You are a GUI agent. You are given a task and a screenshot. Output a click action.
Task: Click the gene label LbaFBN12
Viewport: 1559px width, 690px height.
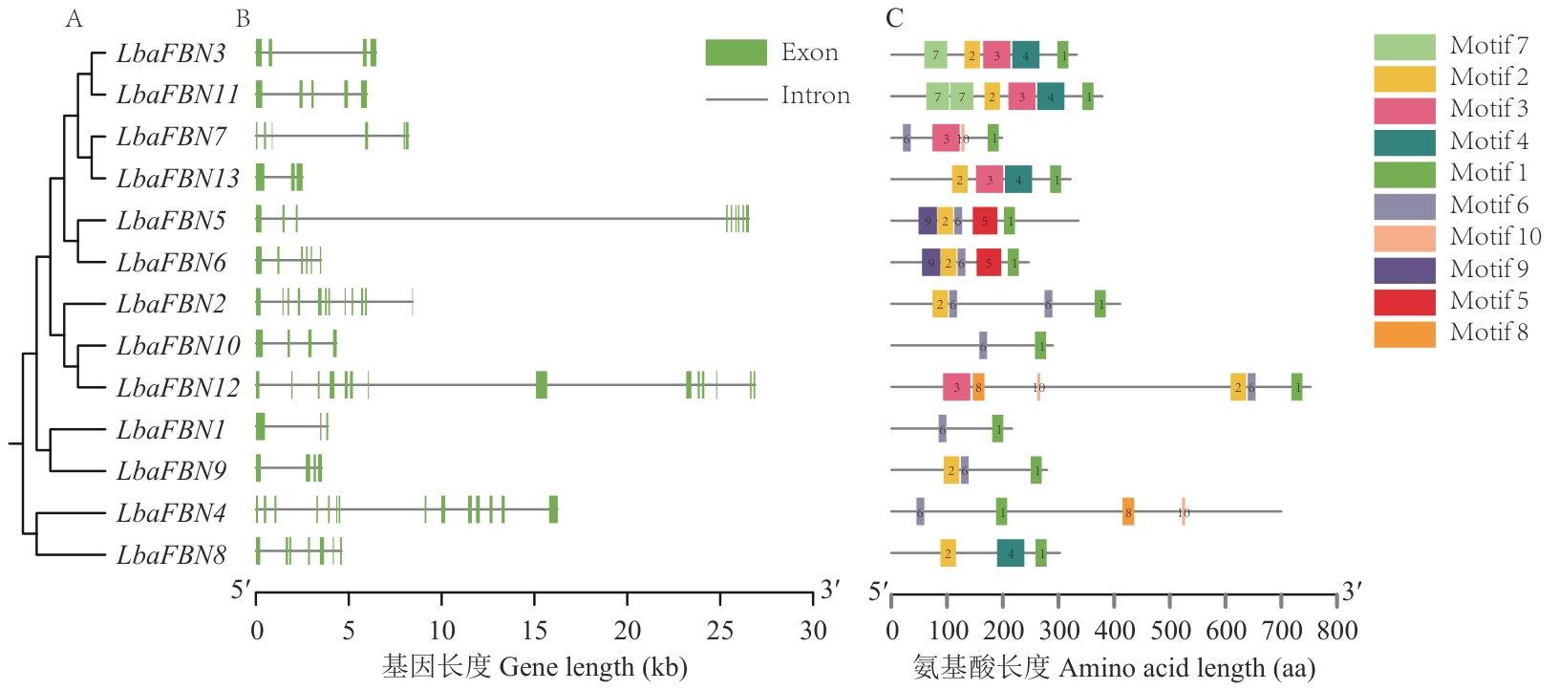[178, 387]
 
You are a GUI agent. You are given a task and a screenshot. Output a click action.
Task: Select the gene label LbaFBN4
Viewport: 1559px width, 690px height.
[171, 513]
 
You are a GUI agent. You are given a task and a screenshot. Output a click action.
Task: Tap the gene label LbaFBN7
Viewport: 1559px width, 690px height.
[171, 137]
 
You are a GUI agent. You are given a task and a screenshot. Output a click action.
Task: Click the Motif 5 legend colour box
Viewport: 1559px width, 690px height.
[1404, 301]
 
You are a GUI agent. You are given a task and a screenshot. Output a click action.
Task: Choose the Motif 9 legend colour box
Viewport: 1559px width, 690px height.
[1404, 270]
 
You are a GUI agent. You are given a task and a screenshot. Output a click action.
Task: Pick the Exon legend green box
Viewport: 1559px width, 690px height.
[736, 53]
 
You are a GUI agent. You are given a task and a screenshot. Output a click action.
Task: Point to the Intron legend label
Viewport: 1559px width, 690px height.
[815, 96]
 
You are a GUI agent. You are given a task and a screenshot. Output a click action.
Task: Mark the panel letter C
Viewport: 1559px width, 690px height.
[894, 18]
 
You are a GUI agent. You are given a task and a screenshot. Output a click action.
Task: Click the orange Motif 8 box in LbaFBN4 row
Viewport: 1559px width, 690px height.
[1128, 512]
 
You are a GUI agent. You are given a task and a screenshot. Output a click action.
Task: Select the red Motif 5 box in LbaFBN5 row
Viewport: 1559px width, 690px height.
[985, 221]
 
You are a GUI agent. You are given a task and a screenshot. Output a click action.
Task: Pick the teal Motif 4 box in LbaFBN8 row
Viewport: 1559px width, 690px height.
[1011, 553]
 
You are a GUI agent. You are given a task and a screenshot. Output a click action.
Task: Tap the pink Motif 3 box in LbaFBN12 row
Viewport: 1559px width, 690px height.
[956, 387]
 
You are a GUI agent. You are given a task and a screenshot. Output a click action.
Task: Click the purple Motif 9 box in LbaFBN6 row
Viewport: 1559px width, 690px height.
[930, 263]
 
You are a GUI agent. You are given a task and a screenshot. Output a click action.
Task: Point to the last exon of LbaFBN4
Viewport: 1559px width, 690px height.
[553, 509]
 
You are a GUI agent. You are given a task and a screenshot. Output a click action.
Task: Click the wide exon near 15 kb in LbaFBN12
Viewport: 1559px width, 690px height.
[542, 384]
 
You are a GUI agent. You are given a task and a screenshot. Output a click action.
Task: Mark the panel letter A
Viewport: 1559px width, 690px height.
[74, 18]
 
